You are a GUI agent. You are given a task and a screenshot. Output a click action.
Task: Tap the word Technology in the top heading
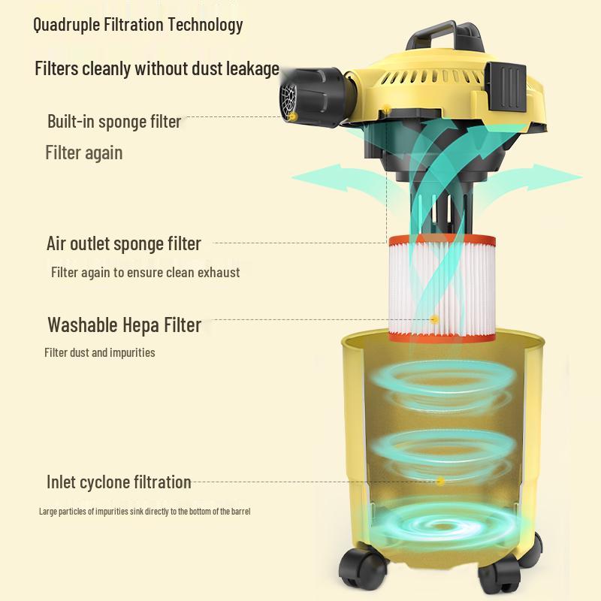pyautogui.click(x=205, y=26)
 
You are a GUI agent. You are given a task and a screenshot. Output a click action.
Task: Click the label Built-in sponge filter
pyautogui.click(x=114, y=122)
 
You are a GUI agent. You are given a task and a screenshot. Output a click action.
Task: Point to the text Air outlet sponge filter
pyautogui.click(x=124, y=243)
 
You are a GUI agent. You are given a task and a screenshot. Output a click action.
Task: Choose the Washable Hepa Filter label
pyautogui.click(x=125, y=325)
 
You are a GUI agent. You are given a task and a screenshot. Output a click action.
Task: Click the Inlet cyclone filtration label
pyautogui.click(x=119, y=482)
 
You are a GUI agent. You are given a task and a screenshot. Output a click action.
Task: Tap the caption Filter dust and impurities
pyautogui.click(x=100, y=352)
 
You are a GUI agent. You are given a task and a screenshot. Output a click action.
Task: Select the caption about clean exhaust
pyautogui.click(x=145, y=273)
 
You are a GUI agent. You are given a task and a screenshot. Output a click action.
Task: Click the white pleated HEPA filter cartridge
pyautogui.click(x=442, y=288)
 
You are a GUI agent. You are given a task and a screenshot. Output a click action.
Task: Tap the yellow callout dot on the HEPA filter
pyautogui.click(x=434, y=319)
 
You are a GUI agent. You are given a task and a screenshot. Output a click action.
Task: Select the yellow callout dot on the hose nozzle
pyautogui.click(x=293, y=116)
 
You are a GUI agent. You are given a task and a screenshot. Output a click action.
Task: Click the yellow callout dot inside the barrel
pyautogui.click(x=441, y=481)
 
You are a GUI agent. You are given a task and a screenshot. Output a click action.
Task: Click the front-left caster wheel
pyautogui.click(x=362, y=569)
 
